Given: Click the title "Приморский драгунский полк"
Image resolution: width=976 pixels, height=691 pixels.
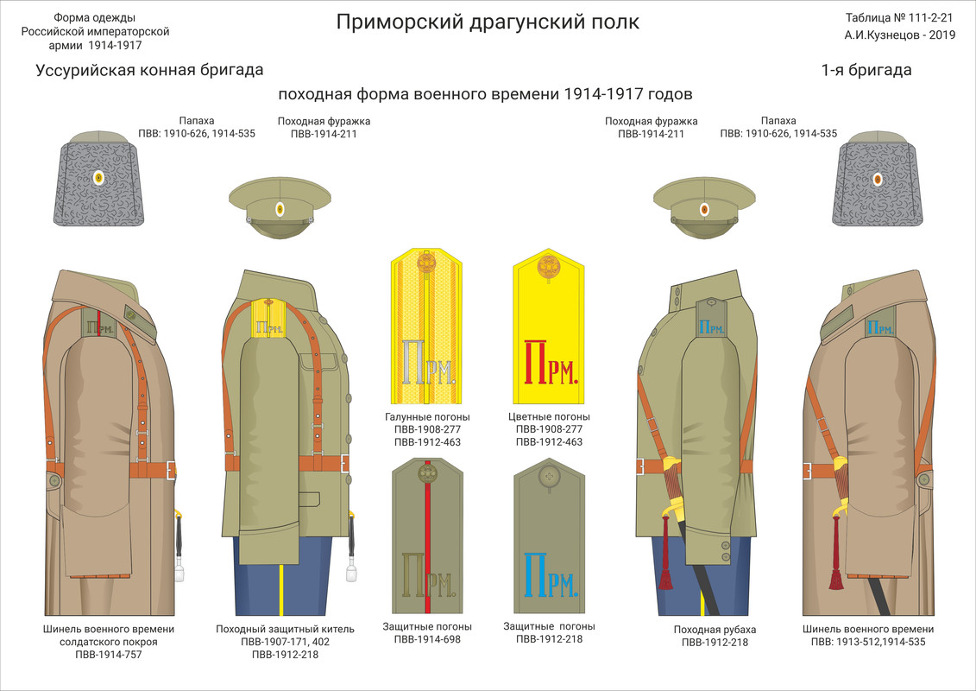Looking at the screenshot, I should click(x=488, y=22).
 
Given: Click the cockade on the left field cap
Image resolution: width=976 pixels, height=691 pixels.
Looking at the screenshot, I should click(x=280, y=208).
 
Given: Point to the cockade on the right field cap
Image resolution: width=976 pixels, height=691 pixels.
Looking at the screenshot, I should click(x=704, y=208).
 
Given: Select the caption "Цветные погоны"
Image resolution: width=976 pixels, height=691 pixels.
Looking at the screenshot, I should click(x=549, y=417).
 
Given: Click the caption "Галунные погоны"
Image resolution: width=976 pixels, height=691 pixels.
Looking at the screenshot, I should click(x=426, y=417).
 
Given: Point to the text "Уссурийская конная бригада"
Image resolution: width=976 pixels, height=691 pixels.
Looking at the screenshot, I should click(x=149, y=70).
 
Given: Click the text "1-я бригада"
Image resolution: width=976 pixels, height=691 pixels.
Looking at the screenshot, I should click(x=866, y=70).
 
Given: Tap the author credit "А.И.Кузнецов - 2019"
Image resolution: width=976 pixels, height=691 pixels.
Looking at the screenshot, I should click(x=899, y=36).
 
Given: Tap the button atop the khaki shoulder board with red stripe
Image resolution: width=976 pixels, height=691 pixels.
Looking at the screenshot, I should click(x=427, y=472).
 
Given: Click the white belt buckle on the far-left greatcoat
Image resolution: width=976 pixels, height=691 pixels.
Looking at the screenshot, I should click(x=170, y=471).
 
